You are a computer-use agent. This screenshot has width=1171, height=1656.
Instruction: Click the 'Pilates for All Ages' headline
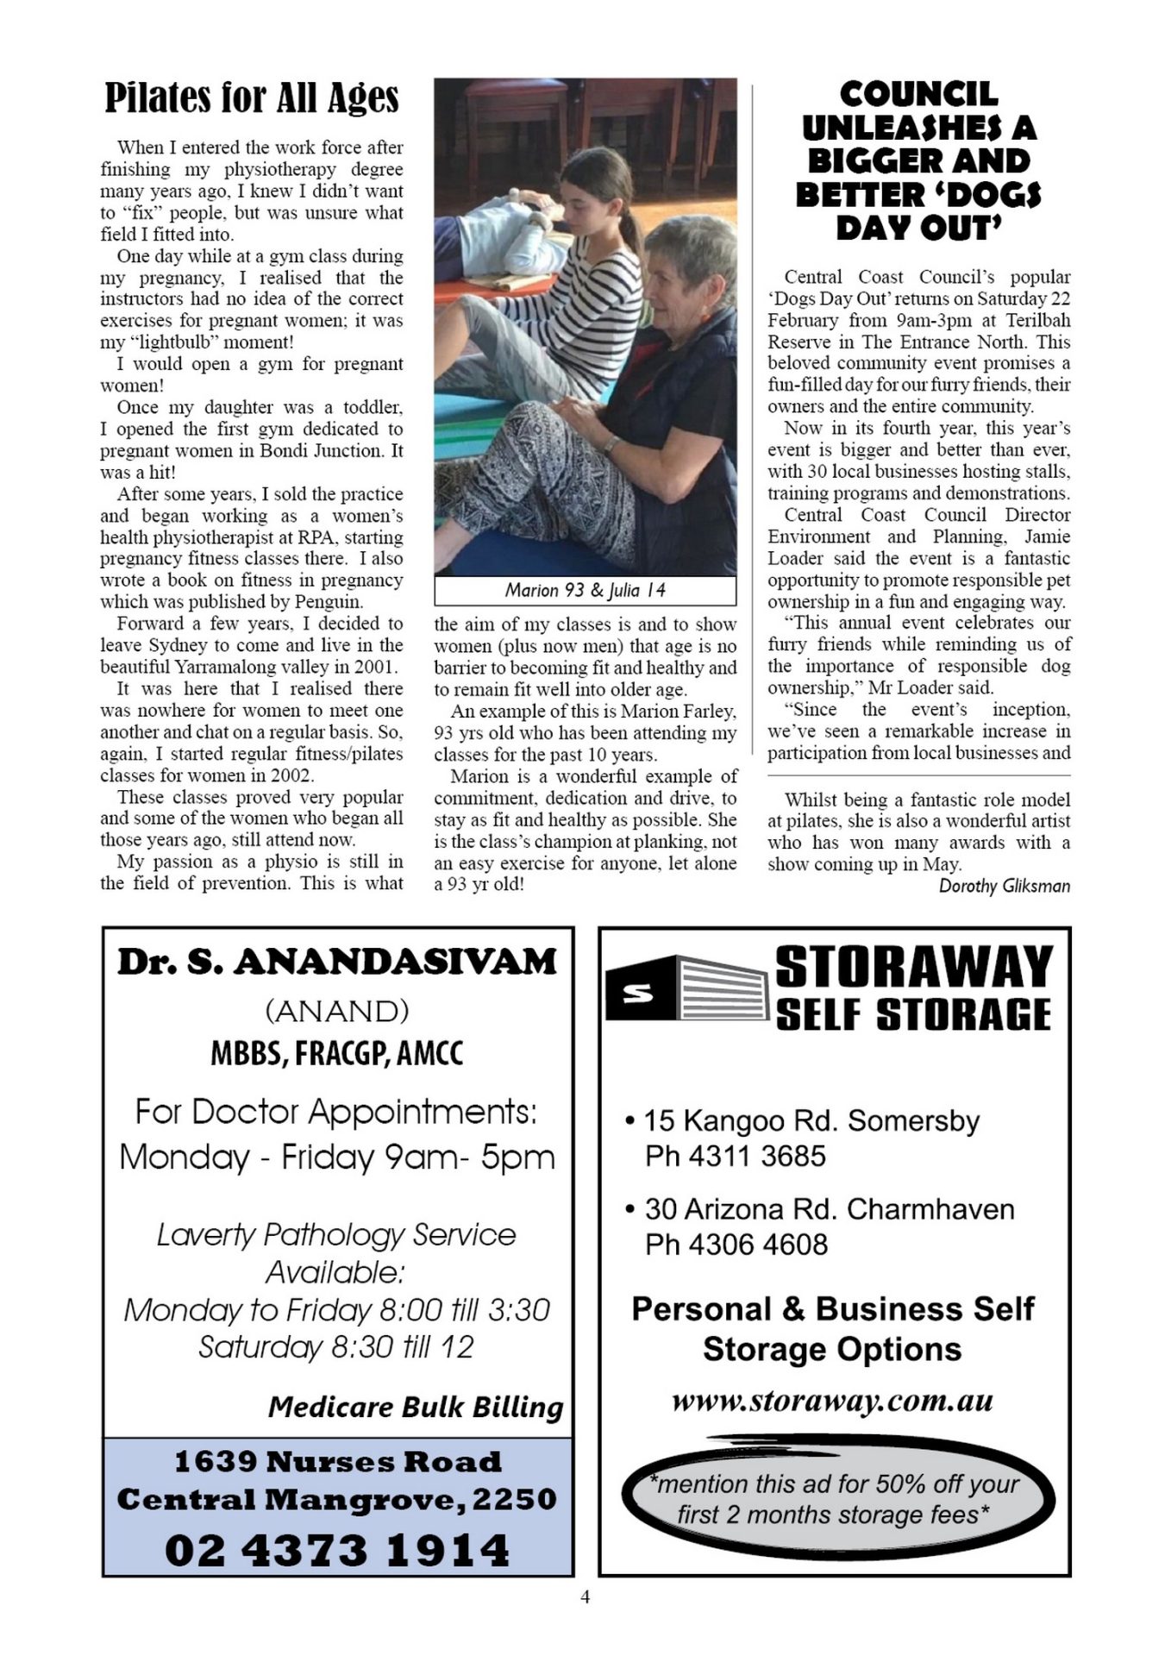tap(252, 98)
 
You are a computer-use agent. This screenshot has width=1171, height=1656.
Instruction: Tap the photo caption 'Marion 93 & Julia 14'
tap(585, 591)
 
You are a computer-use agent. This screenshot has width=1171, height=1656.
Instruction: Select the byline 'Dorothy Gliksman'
tap(1004, 886)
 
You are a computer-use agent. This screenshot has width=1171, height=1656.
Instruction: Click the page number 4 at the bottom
tap(585, 1597)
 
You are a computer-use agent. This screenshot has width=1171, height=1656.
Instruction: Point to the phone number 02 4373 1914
tap(337, 1550)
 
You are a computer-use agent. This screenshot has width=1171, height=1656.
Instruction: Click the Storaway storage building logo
tap(686, 989)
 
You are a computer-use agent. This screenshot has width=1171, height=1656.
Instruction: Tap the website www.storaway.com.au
tap(832, 1401)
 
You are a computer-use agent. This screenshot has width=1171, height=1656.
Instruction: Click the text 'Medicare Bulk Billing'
tap(415, 1407)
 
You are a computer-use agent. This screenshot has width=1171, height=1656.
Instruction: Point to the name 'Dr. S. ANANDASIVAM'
tap(337, 963)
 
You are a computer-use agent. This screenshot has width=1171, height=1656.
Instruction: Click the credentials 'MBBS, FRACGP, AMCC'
tap(337, 1053)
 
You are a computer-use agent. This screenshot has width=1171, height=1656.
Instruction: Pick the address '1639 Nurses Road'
tap(337, 1462)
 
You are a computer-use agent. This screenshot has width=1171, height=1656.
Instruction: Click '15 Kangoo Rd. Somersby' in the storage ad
tap(811, 1120)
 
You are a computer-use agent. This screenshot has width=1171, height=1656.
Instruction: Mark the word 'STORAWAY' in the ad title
tap(914, 967)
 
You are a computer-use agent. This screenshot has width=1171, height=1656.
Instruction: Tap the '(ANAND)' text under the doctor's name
tap(337, 1010)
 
